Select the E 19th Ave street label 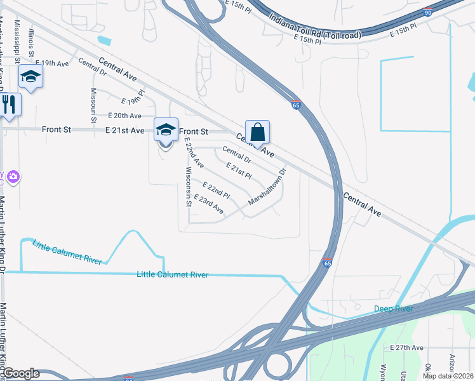[53, 63]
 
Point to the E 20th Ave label [124, 116]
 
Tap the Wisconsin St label [188, 188]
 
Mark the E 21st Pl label [239, 170]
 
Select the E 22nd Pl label [215, 189]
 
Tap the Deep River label [393, 309]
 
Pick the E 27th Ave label [406, 347]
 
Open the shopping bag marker [257, 133]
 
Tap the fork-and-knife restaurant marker [9, 104]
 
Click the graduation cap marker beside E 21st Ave [166, 130]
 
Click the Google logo [20, 373]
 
